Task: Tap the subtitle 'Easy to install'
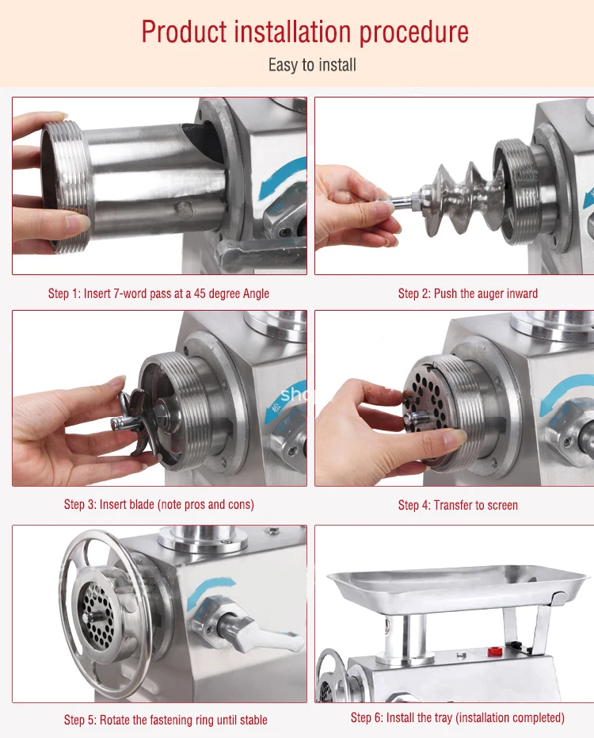[x=312, y=65]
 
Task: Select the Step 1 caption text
[x=158, y=293]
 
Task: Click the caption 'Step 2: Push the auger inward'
[x=467, y=293]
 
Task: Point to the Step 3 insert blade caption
[x=158, y=504]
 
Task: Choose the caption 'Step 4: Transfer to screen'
[x=458, y=505]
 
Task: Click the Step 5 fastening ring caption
[x=166, y=720]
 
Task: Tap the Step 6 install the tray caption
[x=457, y=717]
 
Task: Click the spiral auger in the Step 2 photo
[x=455, y=197]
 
